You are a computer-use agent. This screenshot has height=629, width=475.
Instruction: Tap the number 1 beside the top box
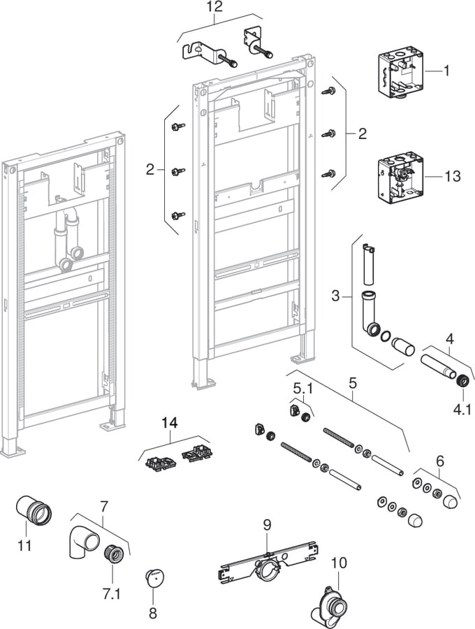(447, 70)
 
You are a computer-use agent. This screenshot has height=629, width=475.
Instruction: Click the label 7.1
(112, 594)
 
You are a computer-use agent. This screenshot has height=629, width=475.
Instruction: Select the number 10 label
(339, 561)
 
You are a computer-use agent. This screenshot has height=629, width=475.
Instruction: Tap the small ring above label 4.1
(461, 381)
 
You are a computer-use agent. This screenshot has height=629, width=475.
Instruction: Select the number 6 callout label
(439, 461)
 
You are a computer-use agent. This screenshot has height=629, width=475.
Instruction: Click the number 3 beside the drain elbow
(336, 296)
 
